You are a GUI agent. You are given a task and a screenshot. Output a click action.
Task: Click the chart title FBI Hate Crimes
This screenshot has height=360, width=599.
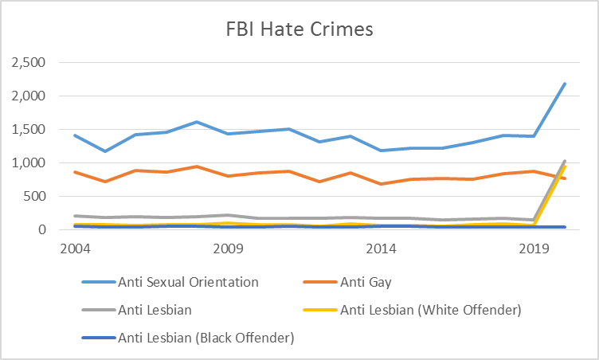click(299, 30)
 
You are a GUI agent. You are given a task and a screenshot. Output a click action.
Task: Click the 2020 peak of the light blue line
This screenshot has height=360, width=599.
click(566, 84)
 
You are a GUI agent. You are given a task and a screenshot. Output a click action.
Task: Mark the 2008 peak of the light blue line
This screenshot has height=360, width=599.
click(198, 122)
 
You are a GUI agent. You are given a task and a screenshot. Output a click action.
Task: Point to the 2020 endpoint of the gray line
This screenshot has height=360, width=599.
click(566, 161)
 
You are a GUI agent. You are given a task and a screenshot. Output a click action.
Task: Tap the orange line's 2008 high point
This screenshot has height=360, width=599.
click(198, 166)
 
